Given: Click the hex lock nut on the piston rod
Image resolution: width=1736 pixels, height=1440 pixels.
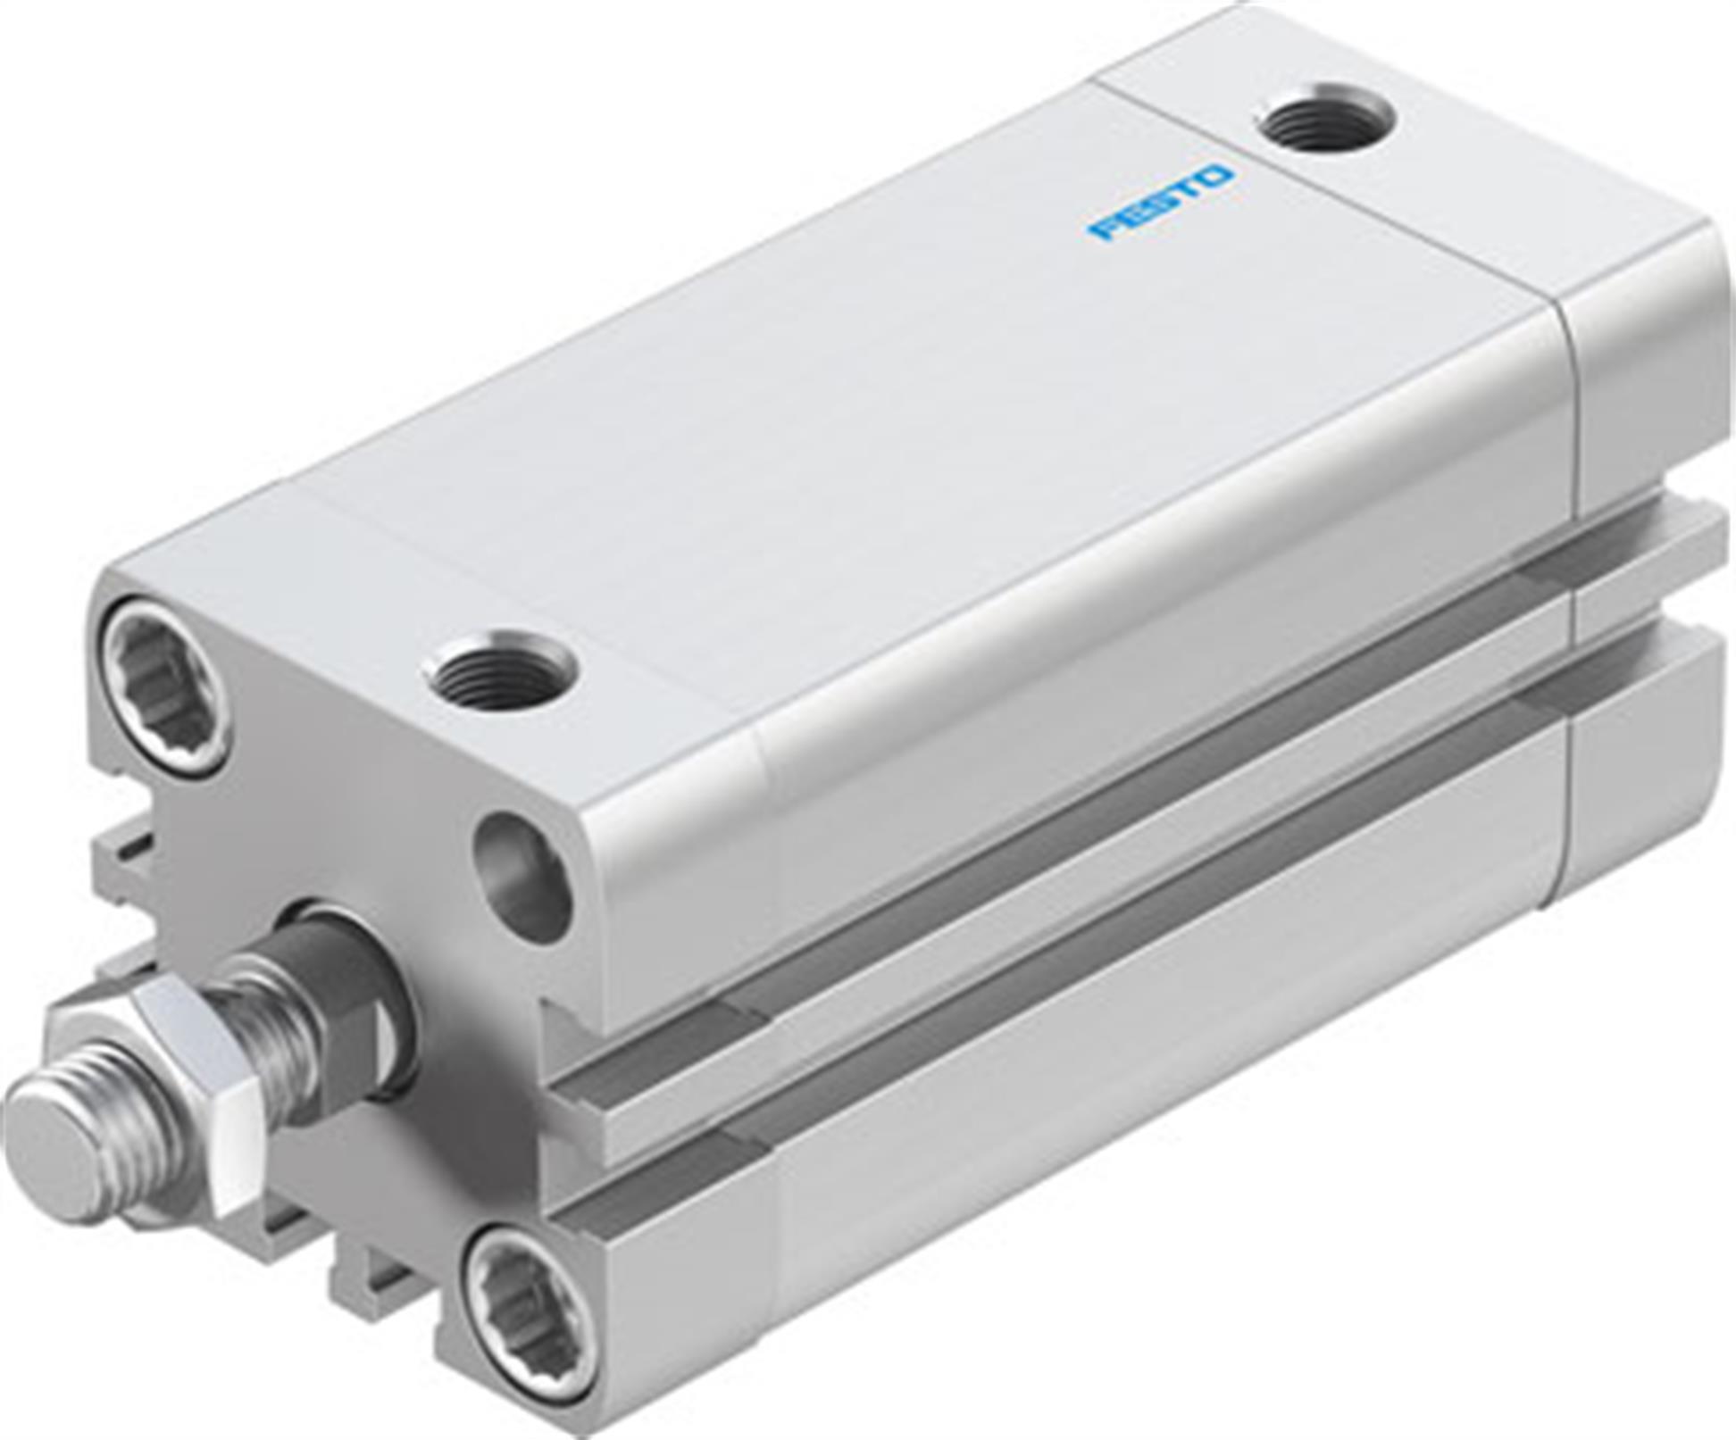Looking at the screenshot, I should tap(170, 1095).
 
